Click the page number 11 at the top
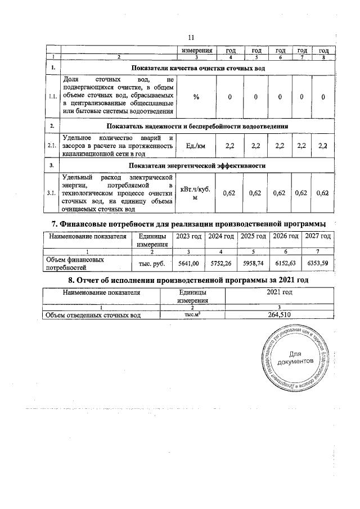click(191, 37)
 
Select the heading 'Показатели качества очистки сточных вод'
click(198, 68)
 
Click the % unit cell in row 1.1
click(196, 97)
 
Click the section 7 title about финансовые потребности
click(186, 225)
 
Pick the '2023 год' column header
click(188, 236)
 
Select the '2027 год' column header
click(317, 236)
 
